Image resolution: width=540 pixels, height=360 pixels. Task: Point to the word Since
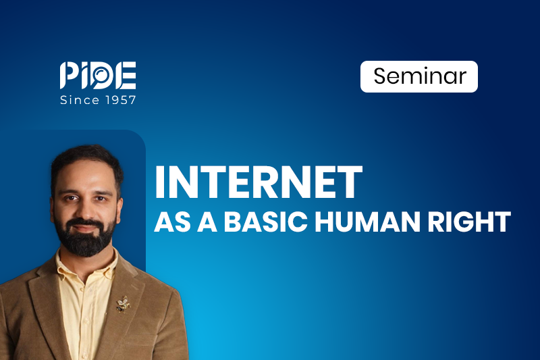pos(80,100)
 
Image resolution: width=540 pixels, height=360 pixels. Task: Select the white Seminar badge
pos(418,76)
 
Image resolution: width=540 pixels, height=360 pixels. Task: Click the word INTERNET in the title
pos(259,182)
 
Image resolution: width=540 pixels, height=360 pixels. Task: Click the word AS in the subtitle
pos(173,222)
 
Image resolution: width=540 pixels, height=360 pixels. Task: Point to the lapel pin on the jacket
pos(123,304)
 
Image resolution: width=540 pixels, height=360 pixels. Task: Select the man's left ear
pos(119,211)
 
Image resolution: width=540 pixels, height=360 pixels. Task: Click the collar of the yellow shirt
pos(86,263)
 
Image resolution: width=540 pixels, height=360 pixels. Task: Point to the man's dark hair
pos(87,162)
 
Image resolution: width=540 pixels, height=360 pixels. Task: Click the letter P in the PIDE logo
pos(68,75)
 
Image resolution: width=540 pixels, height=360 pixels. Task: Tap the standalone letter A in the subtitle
pos(207,222)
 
